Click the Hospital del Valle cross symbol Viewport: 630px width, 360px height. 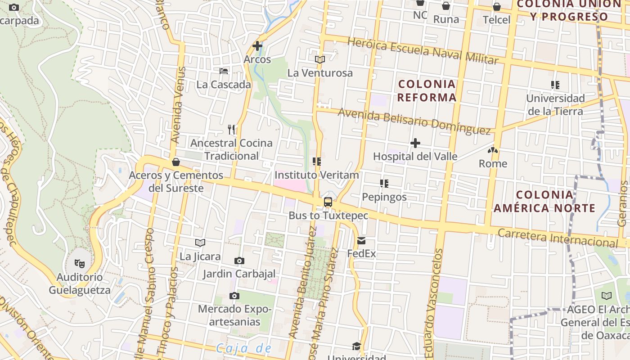point(415,144)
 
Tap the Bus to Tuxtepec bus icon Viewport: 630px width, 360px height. point(328,202)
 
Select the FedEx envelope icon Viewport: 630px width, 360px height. point(361,241)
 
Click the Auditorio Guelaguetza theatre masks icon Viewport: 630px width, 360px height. point(80,263)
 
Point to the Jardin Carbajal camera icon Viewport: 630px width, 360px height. point(239,261)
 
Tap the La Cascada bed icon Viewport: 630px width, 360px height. point(224,71)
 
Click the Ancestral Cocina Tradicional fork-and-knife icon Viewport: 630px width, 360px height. point(231,130)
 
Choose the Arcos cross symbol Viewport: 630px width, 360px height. point(257,46)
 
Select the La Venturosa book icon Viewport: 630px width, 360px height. point(320,59)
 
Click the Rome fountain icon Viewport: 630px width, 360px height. point(493,150)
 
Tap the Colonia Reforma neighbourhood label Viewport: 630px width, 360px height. point(427,90)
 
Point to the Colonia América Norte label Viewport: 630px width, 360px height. point(544,201)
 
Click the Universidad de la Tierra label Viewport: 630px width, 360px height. point(555,104)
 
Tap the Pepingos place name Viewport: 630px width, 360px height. point(384,197)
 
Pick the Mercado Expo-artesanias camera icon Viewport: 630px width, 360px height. point(234,296)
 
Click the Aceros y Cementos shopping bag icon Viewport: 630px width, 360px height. point(176,162)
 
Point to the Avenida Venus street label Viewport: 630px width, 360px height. point(178,105)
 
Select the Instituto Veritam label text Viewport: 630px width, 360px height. point(317,175)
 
